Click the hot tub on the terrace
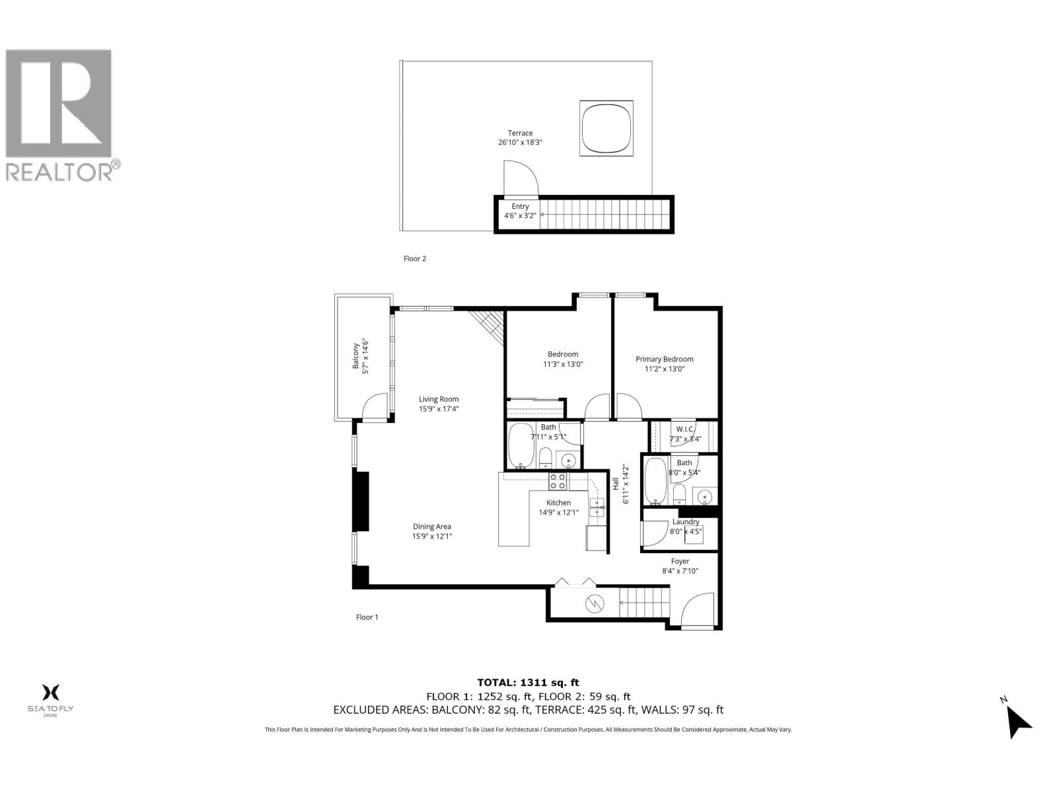click(x=606, y=128)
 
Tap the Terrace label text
click(x=520, y=137)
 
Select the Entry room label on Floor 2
click(x=520, y=211)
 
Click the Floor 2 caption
click(x=415, y=258)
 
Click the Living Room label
click(x=439, y=403)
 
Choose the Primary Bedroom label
click(x=665, y=364)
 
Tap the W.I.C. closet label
click(x=684, y=434)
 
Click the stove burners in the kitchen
click(x=558, y=481)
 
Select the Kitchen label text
click(x=558, y=507)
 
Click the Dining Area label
click(x=432, y=531)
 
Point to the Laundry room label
click(x=685, y=526)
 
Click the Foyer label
click(x=680, y=566)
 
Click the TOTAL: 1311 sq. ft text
click(x=528, y=683)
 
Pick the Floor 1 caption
click(x=367, y=617)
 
